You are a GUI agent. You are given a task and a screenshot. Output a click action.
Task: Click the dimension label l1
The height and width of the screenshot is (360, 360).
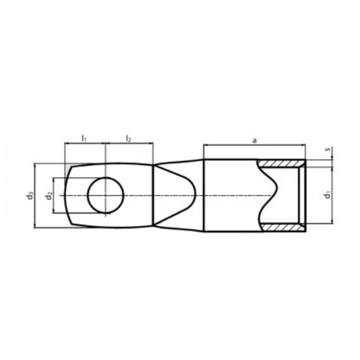coord(84,139)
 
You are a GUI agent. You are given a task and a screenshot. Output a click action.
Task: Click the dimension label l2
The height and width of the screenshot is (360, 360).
coord(129,139)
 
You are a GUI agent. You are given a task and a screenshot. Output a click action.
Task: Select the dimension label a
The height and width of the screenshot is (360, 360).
coord(254,140)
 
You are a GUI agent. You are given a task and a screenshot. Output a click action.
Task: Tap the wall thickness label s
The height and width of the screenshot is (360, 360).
coord(328,149)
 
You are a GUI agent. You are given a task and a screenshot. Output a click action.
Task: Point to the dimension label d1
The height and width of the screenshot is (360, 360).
coord(328,194)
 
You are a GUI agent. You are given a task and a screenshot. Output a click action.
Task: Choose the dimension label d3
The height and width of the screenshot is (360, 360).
coord(30,196)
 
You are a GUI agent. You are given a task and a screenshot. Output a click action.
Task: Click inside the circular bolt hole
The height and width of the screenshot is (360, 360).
coord(106,195)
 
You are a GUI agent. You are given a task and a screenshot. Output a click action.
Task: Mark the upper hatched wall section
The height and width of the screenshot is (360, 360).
coord(281,163)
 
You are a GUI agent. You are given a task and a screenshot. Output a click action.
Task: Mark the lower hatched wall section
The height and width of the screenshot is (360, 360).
coord(283,227)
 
